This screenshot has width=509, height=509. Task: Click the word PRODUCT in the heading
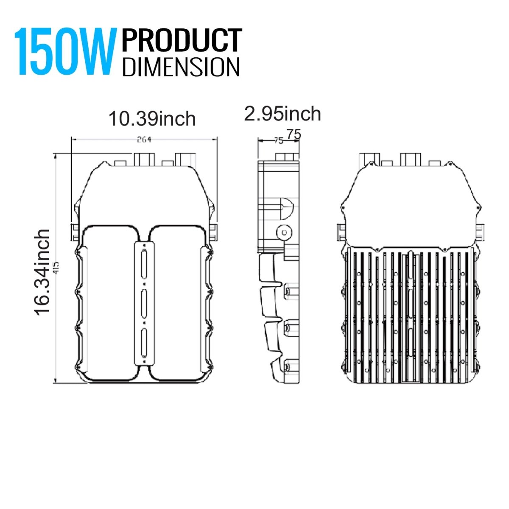click(x=182, y=41)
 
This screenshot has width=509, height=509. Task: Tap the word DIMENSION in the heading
click(x=181, y=67)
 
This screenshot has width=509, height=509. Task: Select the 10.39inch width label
click(x=152, y=119)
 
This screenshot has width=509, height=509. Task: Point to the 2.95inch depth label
click(x=282, y=114)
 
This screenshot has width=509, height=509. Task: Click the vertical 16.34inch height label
click(x=43, y=272)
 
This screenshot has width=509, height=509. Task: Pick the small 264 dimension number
click(x=144, y=140)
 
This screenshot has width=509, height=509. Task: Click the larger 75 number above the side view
click(x=294, y=134)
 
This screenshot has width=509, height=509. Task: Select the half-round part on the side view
click(x=286, y=208)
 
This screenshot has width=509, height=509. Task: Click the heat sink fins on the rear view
click(x=409, y=316)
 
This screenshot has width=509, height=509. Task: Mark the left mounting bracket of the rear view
click(x=342, y=232)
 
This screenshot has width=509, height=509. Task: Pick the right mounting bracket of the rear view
click(x=480, y=232)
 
